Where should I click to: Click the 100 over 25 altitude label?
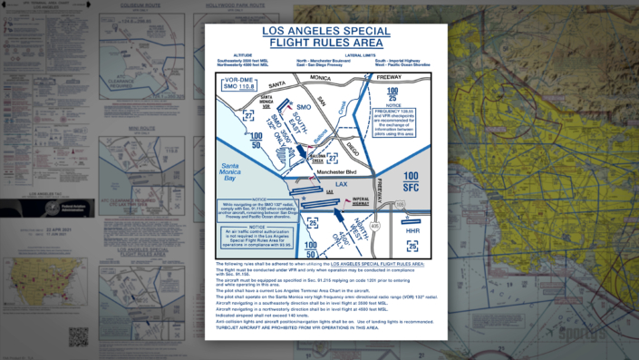(x=392, y=92)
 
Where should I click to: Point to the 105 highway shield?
(x=399, y=205)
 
